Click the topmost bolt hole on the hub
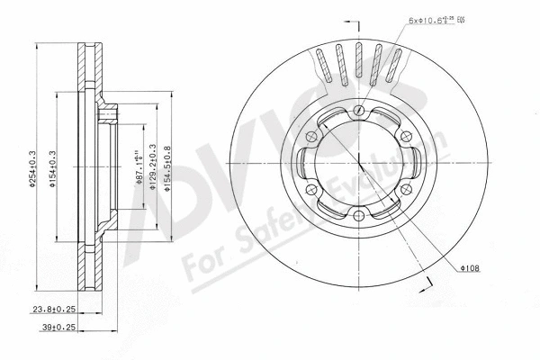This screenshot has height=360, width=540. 358,111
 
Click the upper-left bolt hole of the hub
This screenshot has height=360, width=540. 312,137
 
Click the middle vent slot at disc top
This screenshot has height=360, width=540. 358,64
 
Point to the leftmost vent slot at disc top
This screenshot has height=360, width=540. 321,65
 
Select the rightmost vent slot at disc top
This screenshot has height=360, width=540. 394,66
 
